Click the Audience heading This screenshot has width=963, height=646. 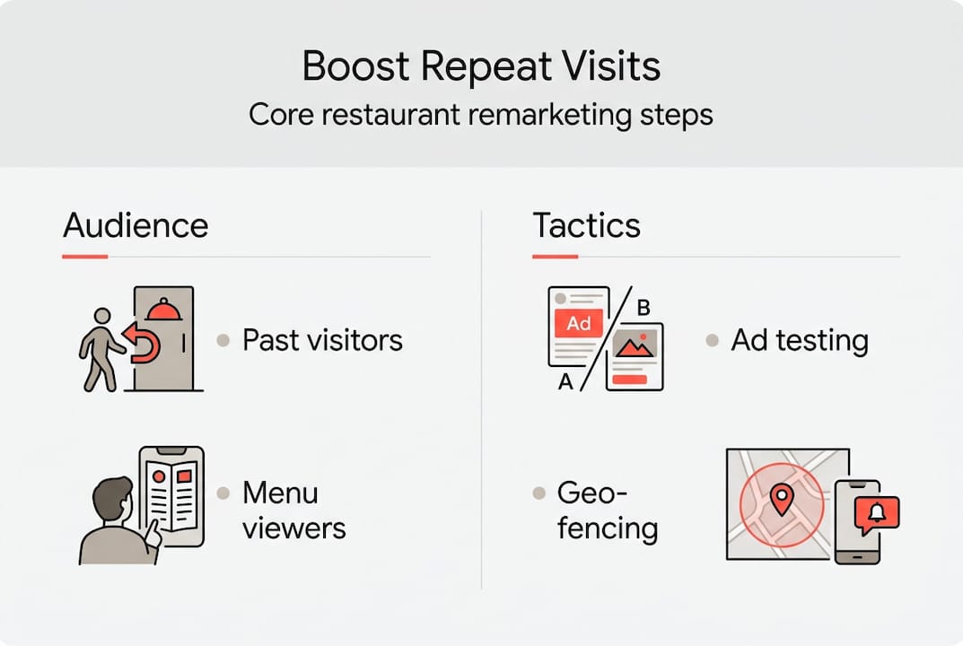[136, 225]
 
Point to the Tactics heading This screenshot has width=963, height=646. [587, 225]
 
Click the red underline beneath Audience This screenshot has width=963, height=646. [85, 257]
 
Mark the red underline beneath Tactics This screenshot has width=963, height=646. [555, 257]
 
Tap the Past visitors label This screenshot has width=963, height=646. [322, 340]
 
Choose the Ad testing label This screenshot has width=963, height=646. [800, 340]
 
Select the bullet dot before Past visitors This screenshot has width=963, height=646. [223, 341]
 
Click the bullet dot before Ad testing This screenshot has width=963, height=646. [713, 341]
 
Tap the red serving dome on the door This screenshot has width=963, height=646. [162, 310]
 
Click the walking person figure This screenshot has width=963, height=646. [100, 349]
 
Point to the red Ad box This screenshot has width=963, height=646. [578, 324]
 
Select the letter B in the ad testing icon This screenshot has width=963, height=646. [643, 308]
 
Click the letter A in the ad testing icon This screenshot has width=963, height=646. [565, 382]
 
